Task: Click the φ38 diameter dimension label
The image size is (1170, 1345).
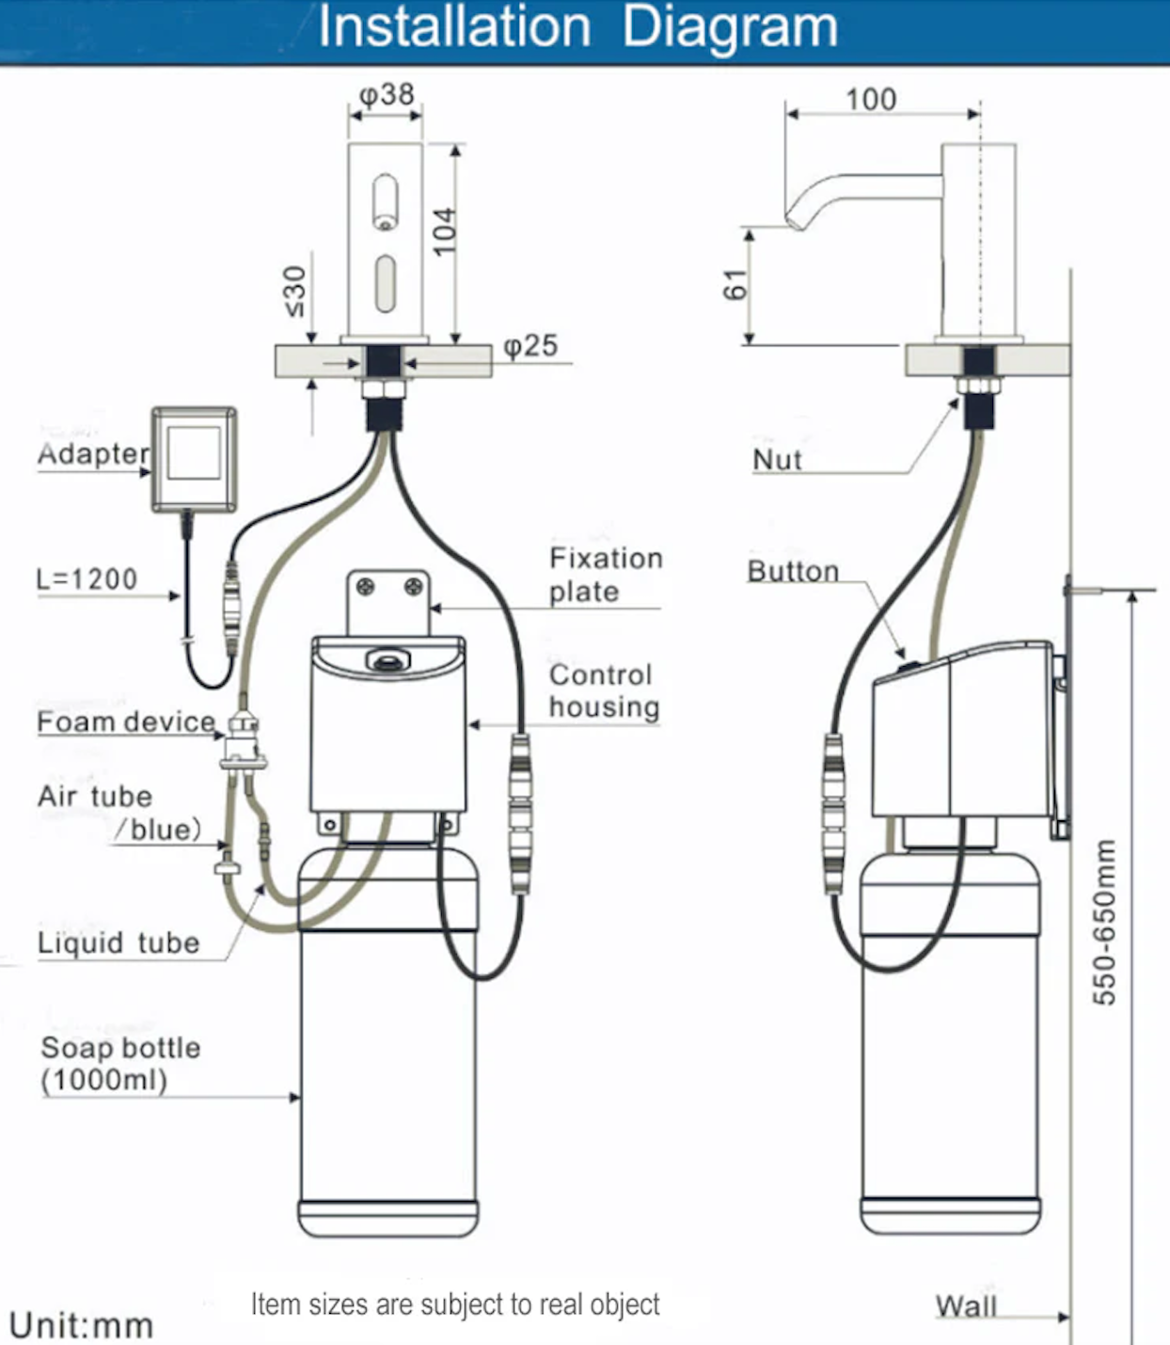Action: pyautogui.click(x=387, y=95)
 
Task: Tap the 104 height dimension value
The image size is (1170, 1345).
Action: pyautogui.click(x=444, y=231)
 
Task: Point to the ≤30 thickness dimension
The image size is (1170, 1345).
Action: pyautogui.click(x=295, y=292)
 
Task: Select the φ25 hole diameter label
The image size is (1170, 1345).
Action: pyautogui.click(x=530, y=346)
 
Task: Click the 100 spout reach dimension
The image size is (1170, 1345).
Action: pyautogui.click(x=871, y=100)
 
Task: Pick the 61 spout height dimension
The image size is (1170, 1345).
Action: pyautogui.click(x=735, y=285)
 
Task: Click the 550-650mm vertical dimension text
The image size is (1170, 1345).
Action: pyautogui.click(x=1104, y=923)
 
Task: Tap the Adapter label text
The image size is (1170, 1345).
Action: pyautogui.click(x=94, y=453)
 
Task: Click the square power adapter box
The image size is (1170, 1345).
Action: pyautogui.click(x=194, y=460)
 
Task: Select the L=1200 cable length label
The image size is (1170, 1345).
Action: pyautogui.click(x=87, y=579)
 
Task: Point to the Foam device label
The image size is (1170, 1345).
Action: pyautogui.click(x=126, y=721)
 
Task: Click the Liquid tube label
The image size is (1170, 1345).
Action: pyautogui.click(x=119, y=942)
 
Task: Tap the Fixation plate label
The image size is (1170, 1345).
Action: pyautogui.click(x=606, y=575)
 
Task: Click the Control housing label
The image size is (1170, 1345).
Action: pyautogui.click(x=604, y=690)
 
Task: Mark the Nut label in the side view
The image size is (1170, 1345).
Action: pyautogui.click(x=777, y=460)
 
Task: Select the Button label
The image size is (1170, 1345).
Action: pyautogui.click(x=794, y=571)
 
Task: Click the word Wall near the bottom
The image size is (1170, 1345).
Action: pyautogui.click(x=966, y=1305)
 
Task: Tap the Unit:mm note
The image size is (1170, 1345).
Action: pyautogui.click(x=82, y=1324)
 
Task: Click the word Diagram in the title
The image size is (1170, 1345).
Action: pyautogui.click(x=730, y=27)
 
